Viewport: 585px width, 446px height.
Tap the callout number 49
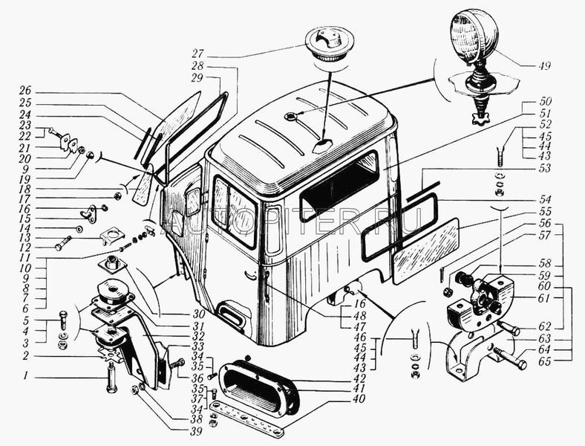[x=545, y=65]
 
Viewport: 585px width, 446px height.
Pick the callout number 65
[x=566, y=362]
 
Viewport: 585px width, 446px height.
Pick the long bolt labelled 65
[x=509, y=359]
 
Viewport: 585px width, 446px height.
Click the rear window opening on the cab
[x=339, y=184]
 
